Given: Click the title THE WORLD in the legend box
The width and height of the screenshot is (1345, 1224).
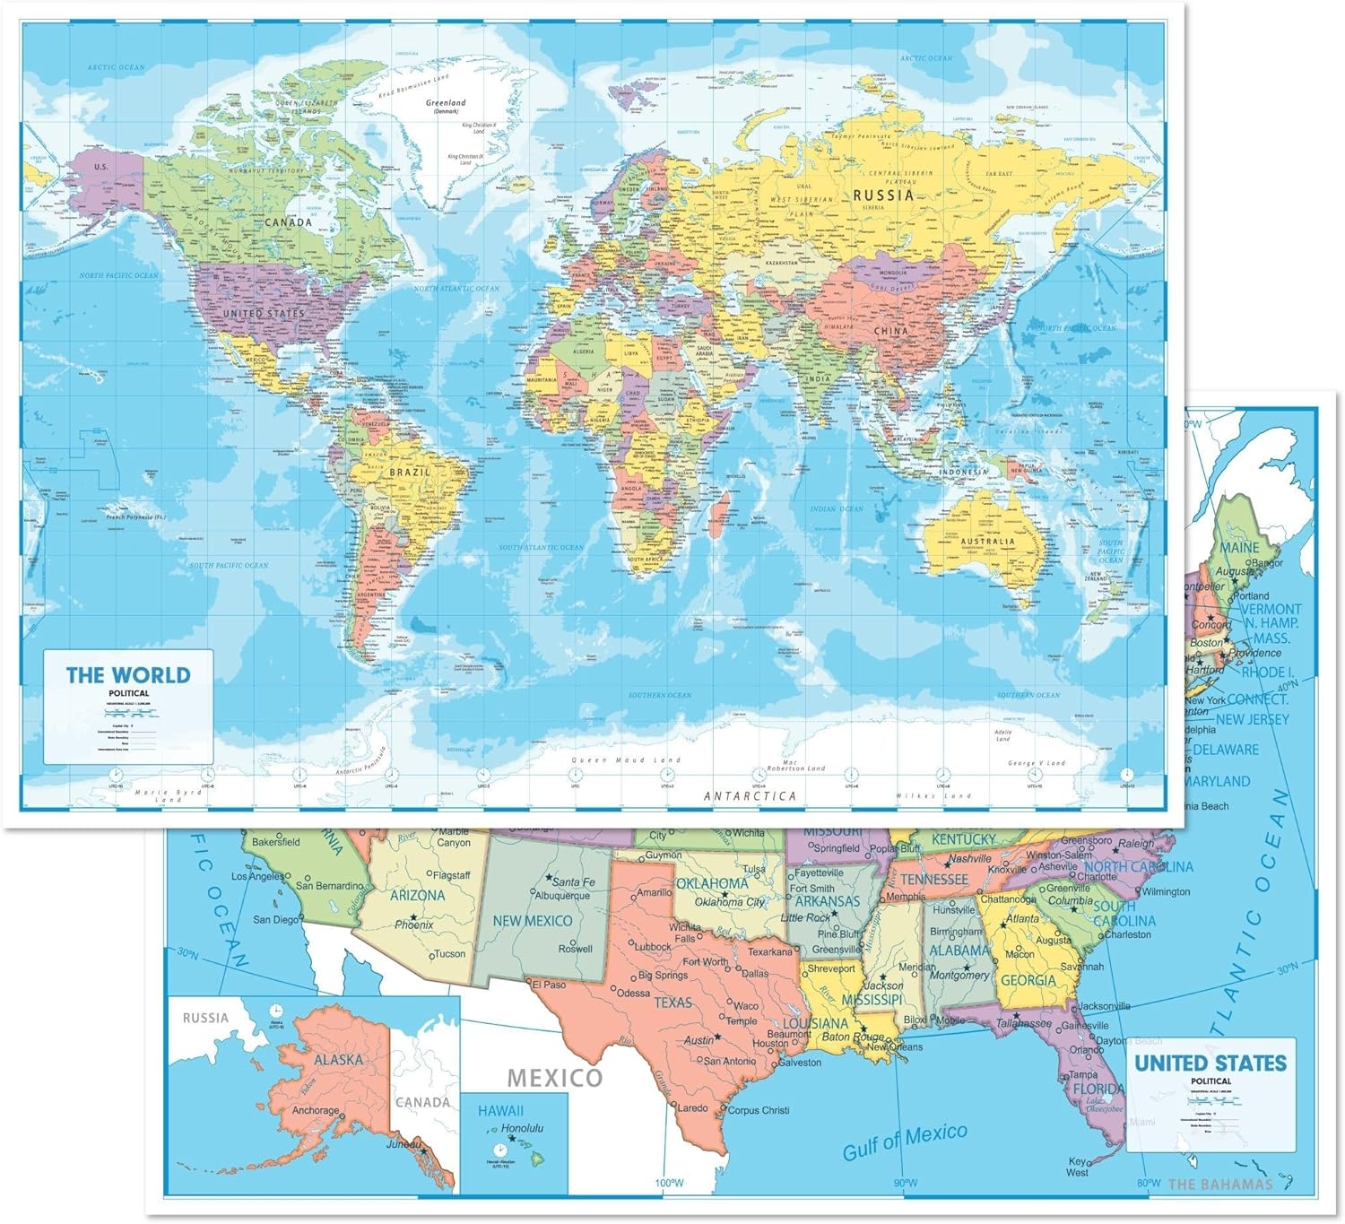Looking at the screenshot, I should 128,674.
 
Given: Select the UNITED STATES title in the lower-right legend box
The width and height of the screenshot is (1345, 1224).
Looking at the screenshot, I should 1210,1063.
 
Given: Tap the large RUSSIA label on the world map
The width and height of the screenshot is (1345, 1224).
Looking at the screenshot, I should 883,195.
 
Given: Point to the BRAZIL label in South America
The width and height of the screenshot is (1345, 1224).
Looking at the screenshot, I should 409,471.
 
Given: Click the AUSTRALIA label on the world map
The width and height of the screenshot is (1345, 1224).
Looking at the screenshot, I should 987,541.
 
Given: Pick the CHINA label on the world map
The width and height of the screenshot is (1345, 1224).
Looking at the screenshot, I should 891,331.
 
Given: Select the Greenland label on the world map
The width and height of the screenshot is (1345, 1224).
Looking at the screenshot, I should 446,104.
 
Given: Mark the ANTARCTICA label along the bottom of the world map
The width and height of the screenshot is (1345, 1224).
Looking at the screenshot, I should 750,795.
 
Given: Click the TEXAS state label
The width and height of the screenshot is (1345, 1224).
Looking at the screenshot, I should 672,1002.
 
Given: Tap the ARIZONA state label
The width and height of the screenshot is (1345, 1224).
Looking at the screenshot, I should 417,895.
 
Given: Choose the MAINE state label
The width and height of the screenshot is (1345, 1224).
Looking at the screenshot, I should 1238,547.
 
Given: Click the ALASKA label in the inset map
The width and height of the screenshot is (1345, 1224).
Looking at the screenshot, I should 338,1059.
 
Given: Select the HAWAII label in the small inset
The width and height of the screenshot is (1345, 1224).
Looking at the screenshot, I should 500,1111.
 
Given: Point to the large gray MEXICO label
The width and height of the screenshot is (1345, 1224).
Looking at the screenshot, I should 555,1077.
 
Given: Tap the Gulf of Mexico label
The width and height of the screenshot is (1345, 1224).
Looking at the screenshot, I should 905,1141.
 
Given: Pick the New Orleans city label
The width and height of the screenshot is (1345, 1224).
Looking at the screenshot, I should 894,1046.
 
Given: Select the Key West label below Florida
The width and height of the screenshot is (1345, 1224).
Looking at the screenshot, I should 1077,1167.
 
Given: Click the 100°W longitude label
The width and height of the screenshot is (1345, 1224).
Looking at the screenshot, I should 668,1184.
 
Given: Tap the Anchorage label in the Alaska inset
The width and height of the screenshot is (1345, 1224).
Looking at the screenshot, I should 316,1110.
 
